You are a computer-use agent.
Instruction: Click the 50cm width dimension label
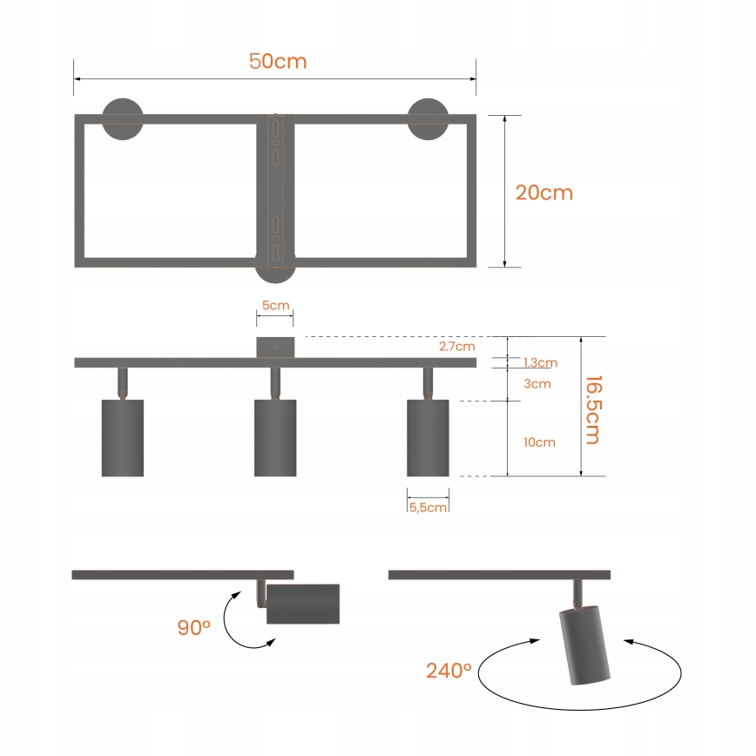[x=278, y=62]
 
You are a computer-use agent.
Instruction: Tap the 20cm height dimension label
[x=544, y=192]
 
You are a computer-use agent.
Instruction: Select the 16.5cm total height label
[x=593, y=409]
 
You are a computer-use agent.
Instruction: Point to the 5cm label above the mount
[x=274, y=306]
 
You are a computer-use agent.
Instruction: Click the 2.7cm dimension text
[x=457, y=346]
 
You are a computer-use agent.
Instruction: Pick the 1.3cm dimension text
[x=540, y=362]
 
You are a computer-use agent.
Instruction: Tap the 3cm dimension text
[x=537, y=383]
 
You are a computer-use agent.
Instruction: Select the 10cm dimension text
[x=539, y=442]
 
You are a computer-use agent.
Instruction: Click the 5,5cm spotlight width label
[x=429, y=507]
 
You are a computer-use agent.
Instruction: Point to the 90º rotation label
[x=194, y=627]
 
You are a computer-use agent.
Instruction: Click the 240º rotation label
[x=449, y=671]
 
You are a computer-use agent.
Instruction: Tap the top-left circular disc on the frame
[x=122, y=118]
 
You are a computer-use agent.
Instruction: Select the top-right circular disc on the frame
[x=428, y=118]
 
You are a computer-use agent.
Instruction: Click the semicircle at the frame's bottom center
[x=274, y=274]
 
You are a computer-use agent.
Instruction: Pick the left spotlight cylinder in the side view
[x=122, y=438]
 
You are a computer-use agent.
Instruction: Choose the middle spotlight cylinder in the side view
[x=275, y=438]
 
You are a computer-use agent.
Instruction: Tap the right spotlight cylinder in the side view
[x=428, y=438]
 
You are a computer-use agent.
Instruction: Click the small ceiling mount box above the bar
[x=275, y=347]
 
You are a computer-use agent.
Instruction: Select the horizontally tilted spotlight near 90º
[x=302, y=604]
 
